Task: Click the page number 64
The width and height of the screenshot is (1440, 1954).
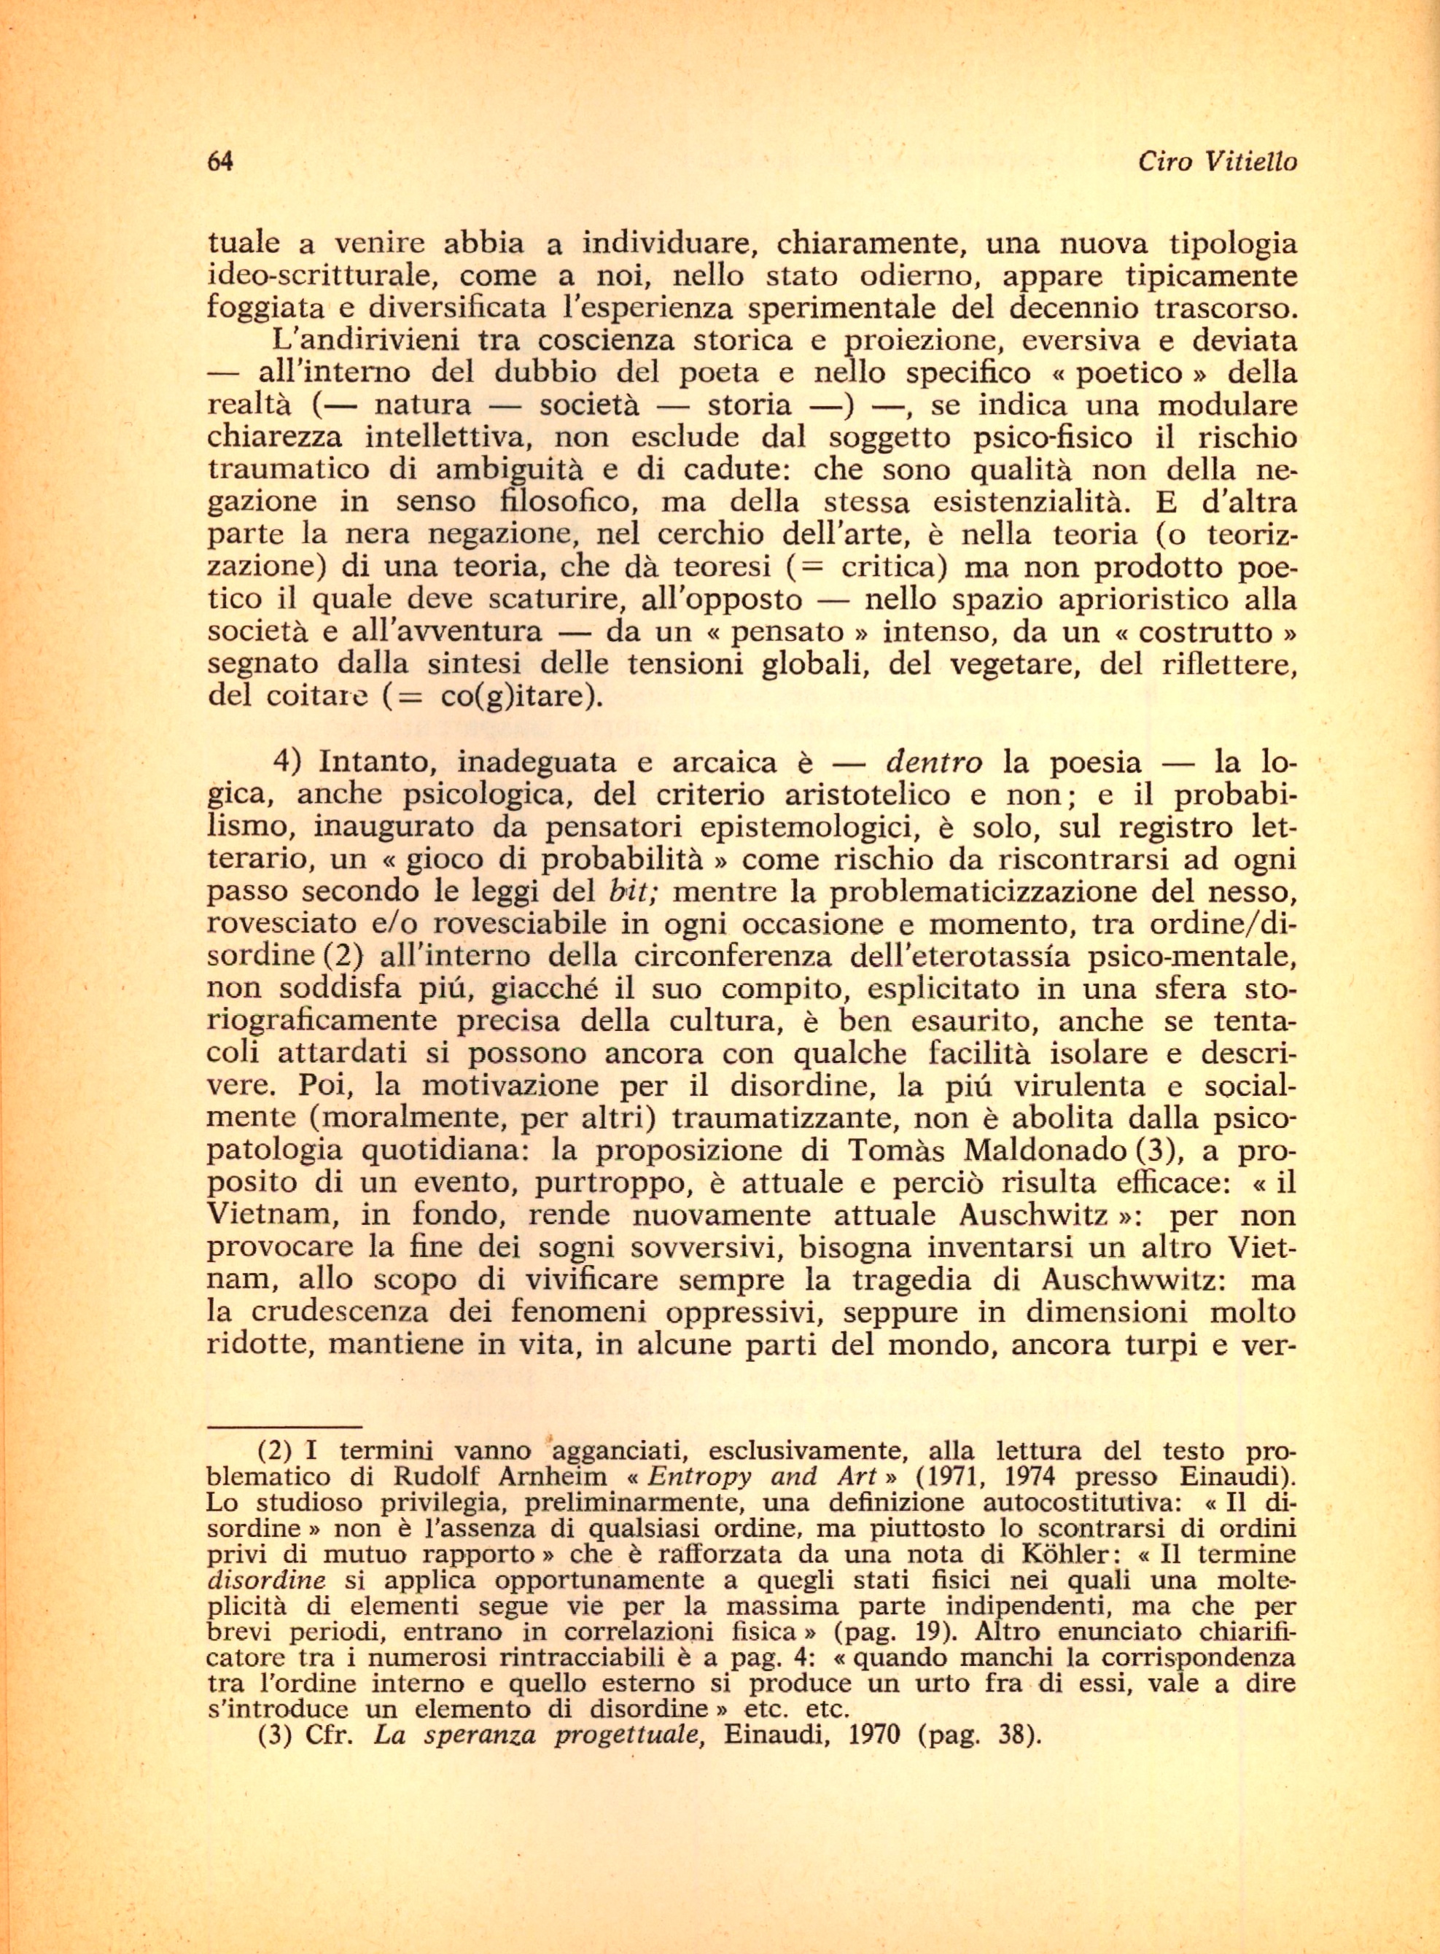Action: pyautogui.click(x=219, y=161)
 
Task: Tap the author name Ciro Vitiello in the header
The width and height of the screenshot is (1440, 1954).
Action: pyautogui.click(x=1217, y=161)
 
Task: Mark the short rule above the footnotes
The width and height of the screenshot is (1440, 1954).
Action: pyautogui.click(x=284, y=1428)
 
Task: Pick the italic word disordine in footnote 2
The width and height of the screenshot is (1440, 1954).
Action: pyautogui.click(x=267, y=1580)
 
